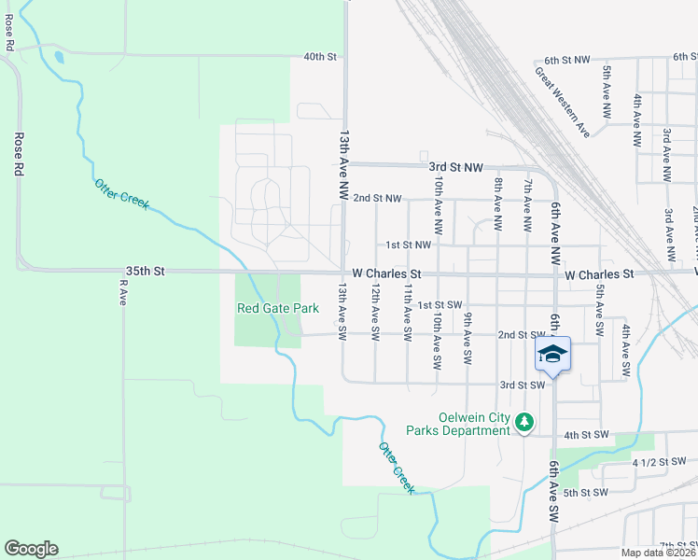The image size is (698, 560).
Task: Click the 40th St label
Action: point(319,57)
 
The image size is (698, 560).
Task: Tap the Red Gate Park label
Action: point(278,308)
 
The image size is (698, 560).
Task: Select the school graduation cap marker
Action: point(552,356)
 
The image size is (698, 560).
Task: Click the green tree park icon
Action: point(524,423)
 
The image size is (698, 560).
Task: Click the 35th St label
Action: point(146,271)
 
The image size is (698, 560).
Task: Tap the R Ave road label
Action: point(121,293)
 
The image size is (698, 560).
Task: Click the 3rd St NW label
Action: point(455,167)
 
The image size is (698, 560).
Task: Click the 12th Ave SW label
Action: point(374,312)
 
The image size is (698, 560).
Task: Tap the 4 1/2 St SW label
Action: point(659,463)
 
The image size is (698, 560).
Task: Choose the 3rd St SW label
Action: point(522,385)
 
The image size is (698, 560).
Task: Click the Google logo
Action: point(31,549)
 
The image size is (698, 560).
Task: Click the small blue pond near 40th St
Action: point(60,57)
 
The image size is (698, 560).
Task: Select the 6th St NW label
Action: point(567,60)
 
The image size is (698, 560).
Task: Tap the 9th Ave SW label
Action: point(467,338)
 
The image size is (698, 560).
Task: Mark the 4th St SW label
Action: point(586,435)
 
